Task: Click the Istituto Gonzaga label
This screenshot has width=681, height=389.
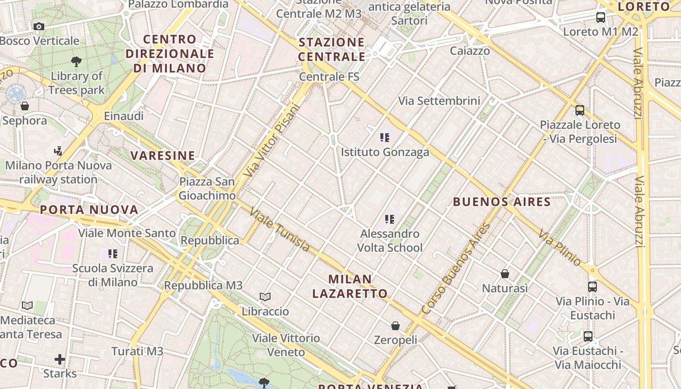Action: [x=385, y=152]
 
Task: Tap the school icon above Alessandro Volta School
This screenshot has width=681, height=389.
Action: [x=389, y=219]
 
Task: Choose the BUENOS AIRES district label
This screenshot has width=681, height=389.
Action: [x=502, y=202]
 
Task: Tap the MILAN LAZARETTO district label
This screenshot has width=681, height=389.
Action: [x=350, y=286]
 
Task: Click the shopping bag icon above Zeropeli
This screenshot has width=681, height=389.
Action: [x=395, y=325]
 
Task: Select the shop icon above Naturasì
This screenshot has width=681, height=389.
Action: [x=505, y=274]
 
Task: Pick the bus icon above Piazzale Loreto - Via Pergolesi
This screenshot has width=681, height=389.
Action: [x=579, y=110]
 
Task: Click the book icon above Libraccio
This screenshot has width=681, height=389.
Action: [x=265, y=297]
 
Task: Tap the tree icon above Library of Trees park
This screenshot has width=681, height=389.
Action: [x=76, y=61]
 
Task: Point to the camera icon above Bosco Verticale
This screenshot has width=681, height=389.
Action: [x=39, y=26]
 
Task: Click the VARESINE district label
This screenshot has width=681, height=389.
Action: [x=162, y=156]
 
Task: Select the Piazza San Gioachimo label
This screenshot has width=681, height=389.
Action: [x=207, y=189]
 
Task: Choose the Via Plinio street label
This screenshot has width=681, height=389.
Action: [x=559, y=248]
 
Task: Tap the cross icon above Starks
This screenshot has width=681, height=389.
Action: [x=60, y=359]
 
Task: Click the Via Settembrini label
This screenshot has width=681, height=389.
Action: [x=439, y=101]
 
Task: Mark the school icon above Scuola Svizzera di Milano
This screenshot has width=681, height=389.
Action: [x=113, y=253]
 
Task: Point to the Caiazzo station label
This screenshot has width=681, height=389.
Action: [x=470, y=51]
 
